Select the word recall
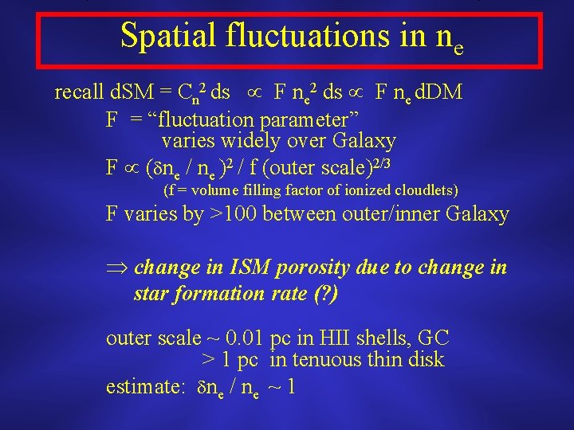click(78, 93)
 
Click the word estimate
click(142, 387)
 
